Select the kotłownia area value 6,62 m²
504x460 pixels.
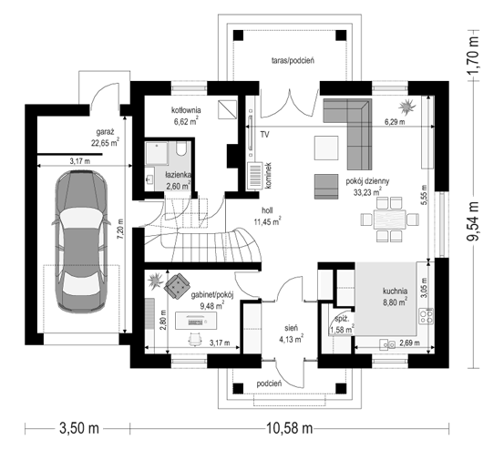click(x=185, y=121)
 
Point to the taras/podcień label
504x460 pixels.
click(x=293, y=61)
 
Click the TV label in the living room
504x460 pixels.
click(x=264, y=135)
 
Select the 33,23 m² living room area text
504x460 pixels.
click(x=367, y=192)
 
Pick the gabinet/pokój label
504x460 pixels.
click(x=214, y=294)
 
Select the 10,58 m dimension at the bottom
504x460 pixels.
click(x=290, y=428)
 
